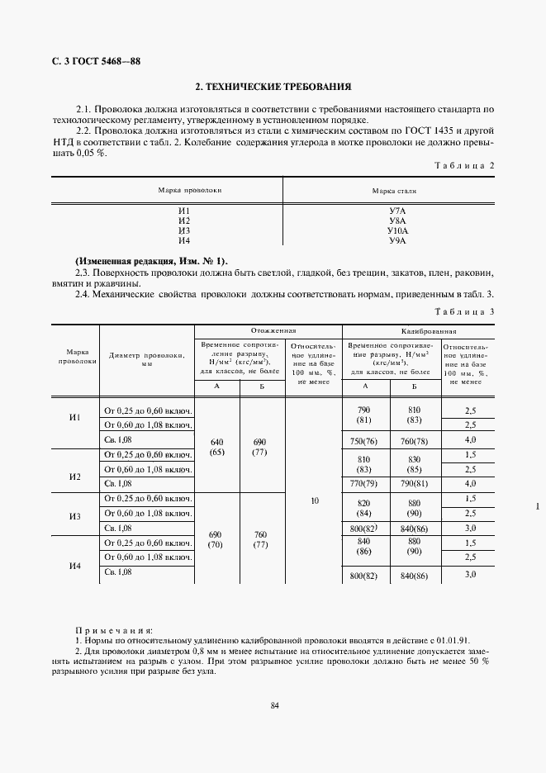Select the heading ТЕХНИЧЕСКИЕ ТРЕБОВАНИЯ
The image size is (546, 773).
pos(273,86)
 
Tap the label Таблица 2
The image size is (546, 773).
pos(463,165)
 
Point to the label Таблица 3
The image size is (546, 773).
pos(463,311)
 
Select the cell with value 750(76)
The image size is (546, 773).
pos(363,440)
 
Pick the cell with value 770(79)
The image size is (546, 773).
pos(363,482)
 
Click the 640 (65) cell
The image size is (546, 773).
pos(216,446)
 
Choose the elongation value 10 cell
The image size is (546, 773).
pos(314,500)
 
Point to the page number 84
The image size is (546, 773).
pos(274,704)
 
